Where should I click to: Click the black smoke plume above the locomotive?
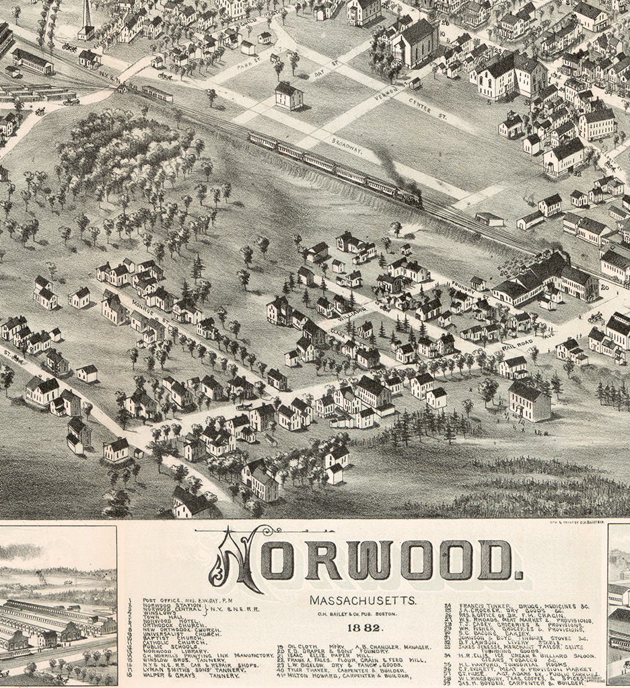coord(388,166)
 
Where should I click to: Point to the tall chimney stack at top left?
coord(86,15)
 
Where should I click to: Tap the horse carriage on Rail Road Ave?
coord(595,317)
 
